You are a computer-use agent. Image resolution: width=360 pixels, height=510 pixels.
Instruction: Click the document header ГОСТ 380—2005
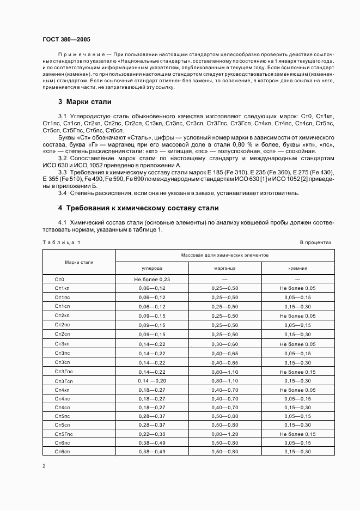(x=66, y=40)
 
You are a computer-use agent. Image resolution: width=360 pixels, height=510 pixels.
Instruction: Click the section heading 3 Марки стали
(x=84, y=101)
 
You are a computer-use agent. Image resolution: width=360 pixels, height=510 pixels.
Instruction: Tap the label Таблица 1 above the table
(x=61, y=242)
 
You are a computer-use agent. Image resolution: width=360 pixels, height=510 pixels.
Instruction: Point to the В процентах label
(x=315, y=242)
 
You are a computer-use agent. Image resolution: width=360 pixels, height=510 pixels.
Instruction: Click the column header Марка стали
(x=79, y=262)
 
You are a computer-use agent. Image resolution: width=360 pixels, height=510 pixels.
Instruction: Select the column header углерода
(x=152, y=268)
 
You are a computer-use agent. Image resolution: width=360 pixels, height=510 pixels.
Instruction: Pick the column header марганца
(x=225, y=268)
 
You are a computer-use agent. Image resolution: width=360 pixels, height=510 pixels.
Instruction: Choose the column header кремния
(x=297, y=268)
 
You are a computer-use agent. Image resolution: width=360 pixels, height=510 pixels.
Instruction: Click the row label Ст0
(x=60, y=279)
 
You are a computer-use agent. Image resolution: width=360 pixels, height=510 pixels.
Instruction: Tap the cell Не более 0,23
(x=152, y=279)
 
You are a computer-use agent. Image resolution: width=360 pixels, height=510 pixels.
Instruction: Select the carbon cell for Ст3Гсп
(x=152, y=380)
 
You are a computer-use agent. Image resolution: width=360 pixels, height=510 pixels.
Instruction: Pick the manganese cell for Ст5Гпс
(x=225, y=433)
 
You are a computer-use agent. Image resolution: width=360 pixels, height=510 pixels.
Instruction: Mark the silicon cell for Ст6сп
(x=297, y=452)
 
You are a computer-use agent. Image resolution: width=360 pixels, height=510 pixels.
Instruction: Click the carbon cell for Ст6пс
(x=152, y=443)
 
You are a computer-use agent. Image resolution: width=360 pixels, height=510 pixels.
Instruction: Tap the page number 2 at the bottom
(x=44, y=466)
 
